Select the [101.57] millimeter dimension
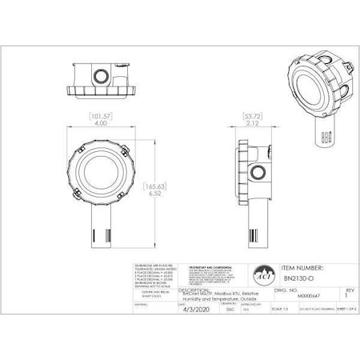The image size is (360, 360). pyautogui.click(x=100, y=116)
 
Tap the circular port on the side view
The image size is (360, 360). pyautogui.click(x=258, y=170)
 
